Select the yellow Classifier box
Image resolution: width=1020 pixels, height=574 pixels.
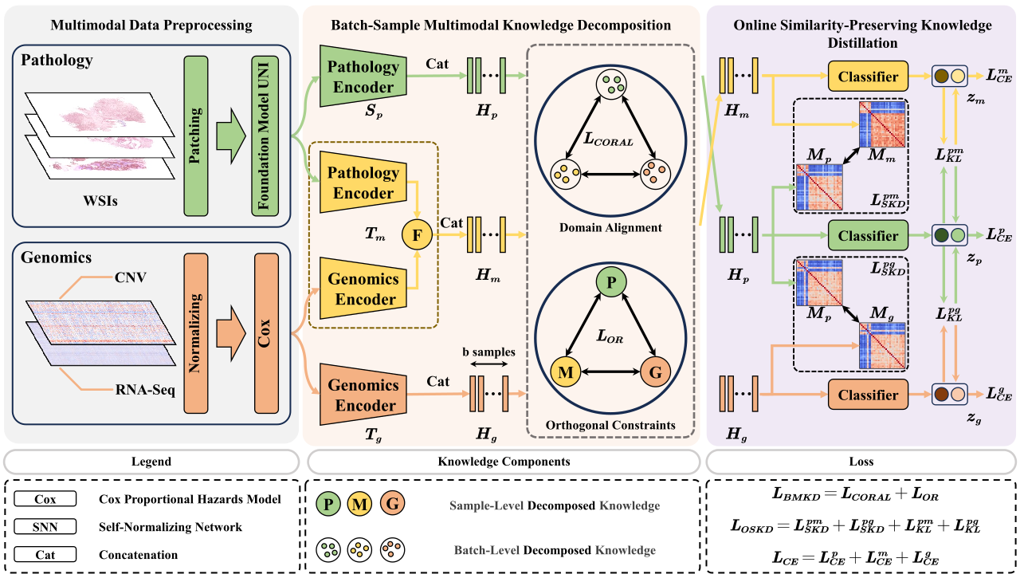(868, 77)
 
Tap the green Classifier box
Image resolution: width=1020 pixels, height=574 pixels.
(868, 236)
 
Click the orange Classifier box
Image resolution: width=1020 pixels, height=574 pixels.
(868, 395)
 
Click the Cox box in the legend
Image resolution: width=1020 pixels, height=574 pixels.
(45, 499)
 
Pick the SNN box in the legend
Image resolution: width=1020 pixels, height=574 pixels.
(45, 527)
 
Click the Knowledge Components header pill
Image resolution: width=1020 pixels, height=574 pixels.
(504, 462)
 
